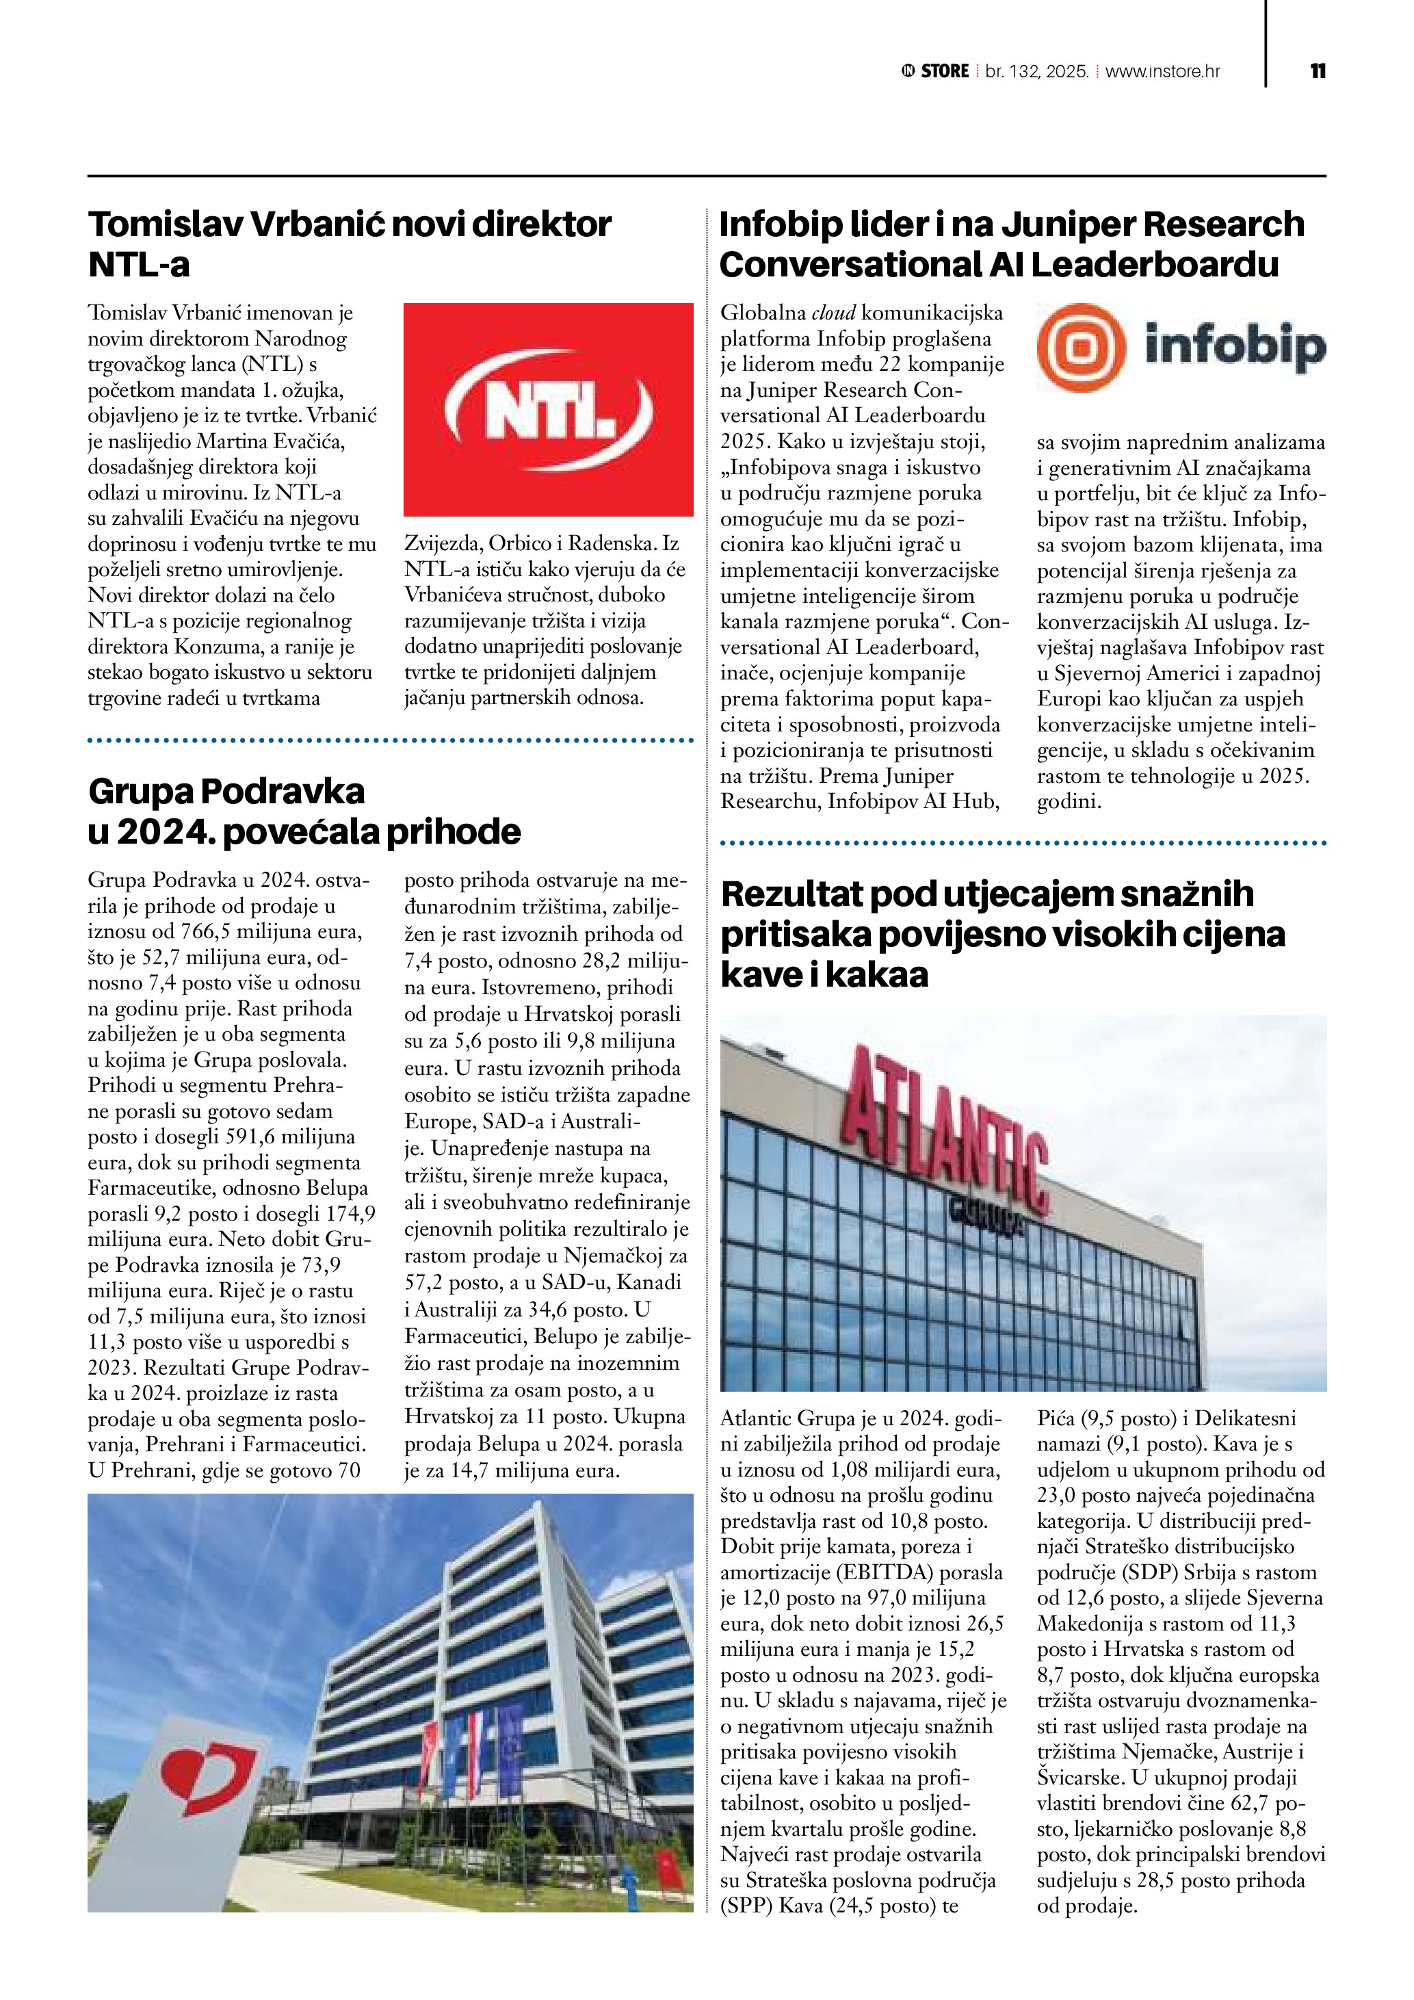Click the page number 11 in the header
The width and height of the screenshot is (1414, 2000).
(1318, 71)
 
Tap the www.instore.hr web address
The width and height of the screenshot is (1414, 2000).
(1162, 71)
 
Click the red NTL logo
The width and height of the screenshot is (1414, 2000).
(548, 409)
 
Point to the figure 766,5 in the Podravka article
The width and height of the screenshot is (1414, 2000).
(187, 931)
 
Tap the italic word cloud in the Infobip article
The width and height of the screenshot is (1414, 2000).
(834, 313)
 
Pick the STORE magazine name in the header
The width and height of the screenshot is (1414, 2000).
(944, 71)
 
